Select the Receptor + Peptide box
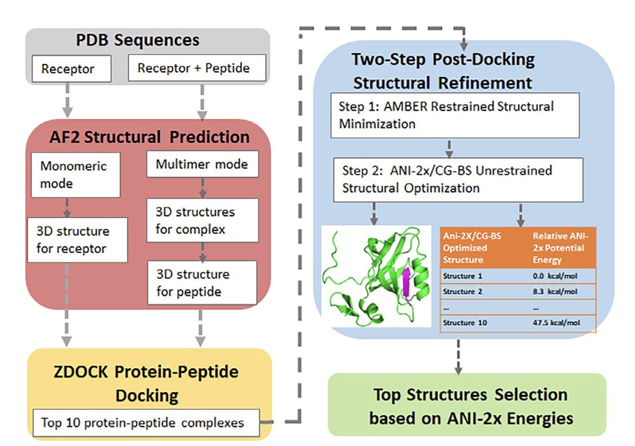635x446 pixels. click(197, 68)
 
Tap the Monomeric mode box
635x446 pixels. click(75, 175)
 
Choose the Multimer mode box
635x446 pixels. click(202, 164)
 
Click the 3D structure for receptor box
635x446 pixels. click(77, 239)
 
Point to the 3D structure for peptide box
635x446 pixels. click(201, 282)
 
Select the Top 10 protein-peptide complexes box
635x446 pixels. click(146, 423)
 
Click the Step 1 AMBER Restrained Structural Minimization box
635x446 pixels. click(454, 115)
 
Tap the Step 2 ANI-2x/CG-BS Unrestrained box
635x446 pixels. click(457, 180)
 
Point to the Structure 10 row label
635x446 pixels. click(465, 323)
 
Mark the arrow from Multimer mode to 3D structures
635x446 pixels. click(202, 188)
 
